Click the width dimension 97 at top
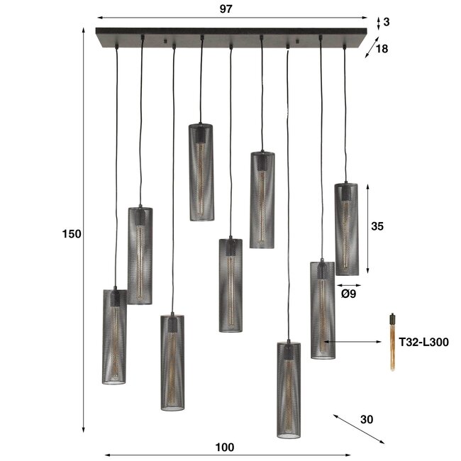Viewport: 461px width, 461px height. pyautogui.click(x=226, y=9)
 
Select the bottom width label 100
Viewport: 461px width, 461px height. pyautogui.click(x=223, y=447)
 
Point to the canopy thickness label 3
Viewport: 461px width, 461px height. pyautogui.click(x=386, y=22)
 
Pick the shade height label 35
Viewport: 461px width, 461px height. pyautogui.click(x=377, y=227)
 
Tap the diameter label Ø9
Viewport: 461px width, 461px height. pyautogui.click(x=348, y=292)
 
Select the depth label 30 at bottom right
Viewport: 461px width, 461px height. pyautogui.click(x=366, y=419)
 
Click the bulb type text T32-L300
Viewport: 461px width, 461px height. pyautogui.click(x=423, y=343)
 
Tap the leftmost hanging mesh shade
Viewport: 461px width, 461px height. pyautogui.click(x=114, y=336)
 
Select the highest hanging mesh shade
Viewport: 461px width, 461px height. pyautogui.click(x=201, y=172)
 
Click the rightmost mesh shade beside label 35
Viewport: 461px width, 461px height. pyautogui.click(x=346, y=229)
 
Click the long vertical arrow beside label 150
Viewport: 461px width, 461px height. pyautogui.click(x=84, y=234)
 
